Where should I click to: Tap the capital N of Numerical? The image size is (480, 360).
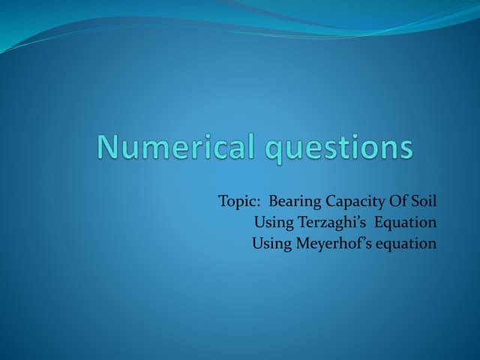108,146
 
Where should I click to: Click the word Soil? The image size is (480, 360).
424,202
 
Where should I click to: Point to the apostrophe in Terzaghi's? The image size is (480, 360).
357,218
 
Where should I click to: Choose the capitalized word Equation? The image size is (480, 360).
406,223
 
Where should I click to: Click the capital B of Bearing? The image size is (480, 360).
273,202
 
